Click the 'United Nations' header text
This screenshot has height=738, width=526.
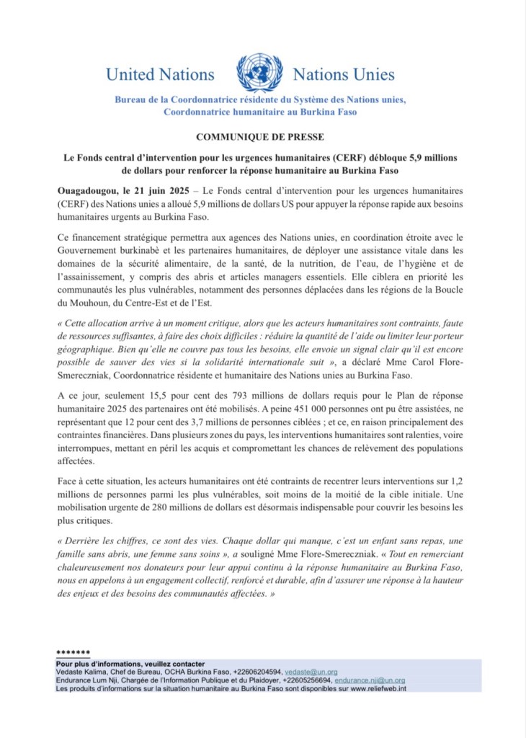click(x=160, y=74)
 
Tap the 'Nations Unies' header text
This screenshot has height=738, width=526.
click(x=344, y=74)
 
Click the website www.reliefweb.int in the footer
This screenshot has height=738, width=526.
click(x=380, y=688)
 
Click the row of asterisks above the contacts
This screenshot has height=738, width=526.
click(x=73, y=653)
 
